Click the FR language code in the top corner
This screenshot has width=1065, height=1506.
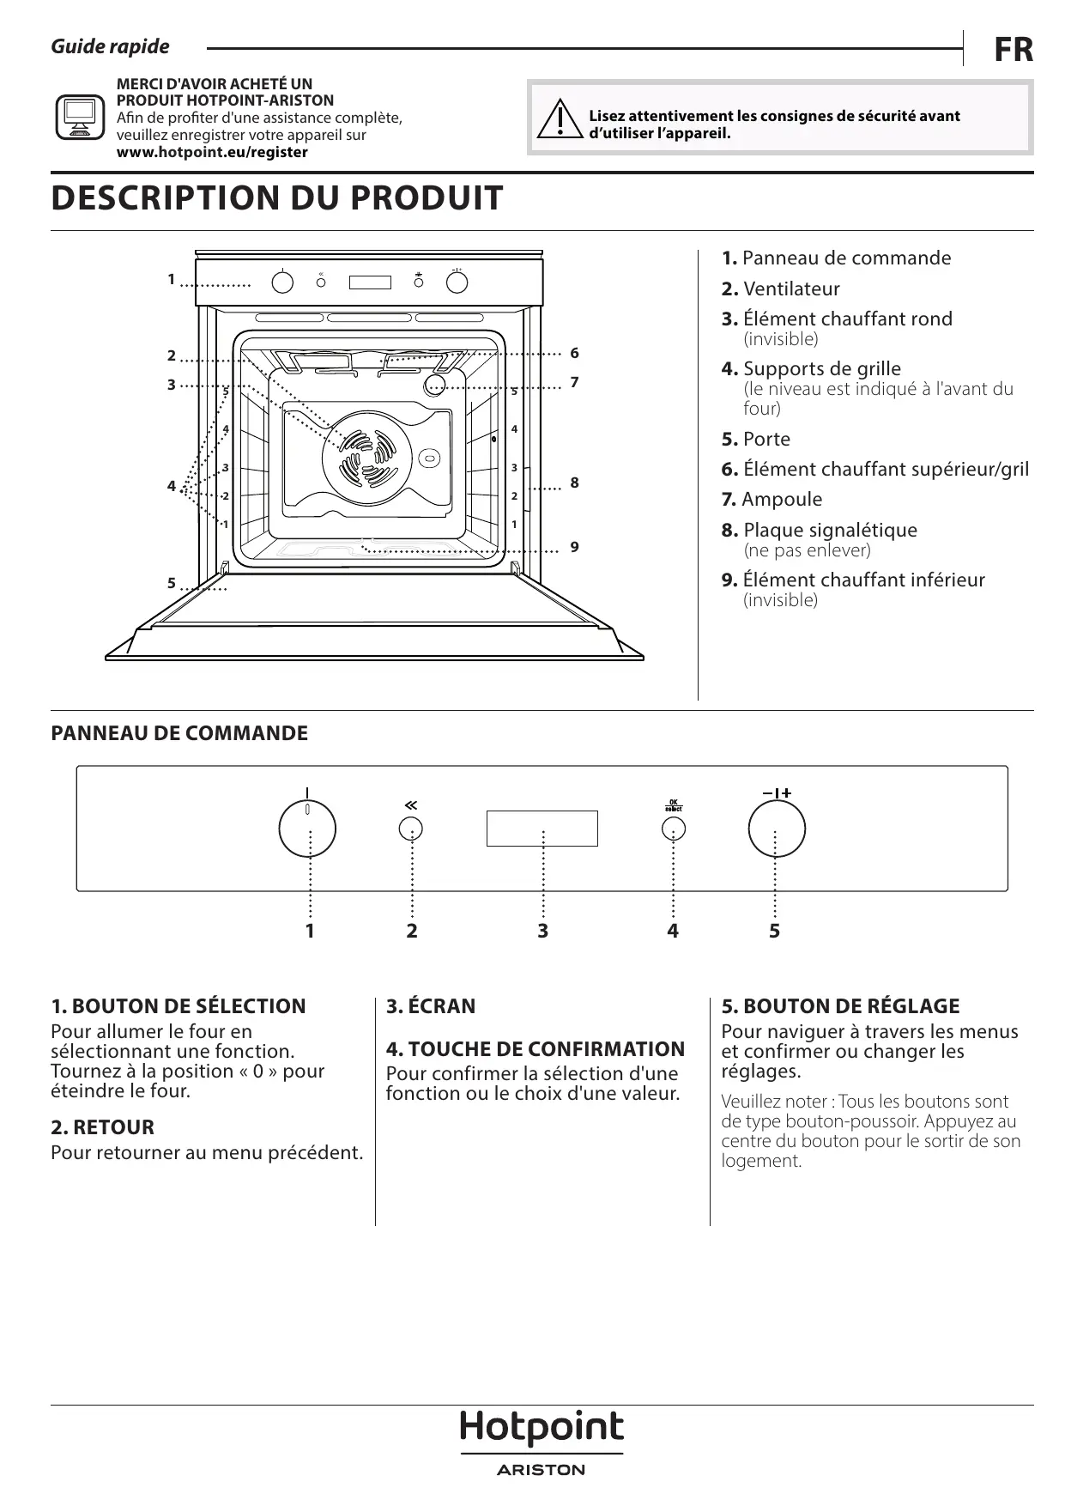[x=1014, y=50]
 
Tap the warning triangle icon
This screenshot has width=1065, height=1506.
[x=559, y=120]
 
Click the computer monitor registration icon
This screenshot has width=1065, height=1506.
[x=80, y=118]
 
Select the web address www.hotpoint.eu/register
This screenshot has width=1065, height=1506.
[x=212, y=152]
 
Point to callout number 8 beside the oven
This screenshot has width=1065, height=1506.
[x=574, y=483]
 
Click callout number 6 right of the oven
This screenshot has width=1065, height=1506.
[x=574, y=353]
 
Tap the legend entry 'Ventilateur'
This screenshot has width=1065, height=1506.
[x=790, y=288]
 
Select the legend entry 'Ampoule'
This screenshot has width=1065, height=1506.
[x=781, y=499]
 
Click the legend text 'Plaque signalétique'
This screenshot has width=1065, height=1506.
[x=829, y=530]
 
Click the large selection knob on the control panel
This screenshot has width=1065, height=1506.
[x=307, y=829]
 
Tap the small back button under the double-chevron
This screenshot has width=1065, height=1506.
[x=411, y=829]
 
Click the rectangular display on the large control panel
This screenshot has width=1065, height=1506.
[x=542, y=829]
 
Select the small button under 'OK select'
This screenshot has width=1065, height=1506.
[x=674, y=829]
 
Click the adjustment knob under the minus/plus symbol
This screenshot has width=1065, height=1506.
[x=776, y=829]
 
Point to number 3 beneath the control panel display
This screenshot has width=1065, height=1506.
[x=542, y=931]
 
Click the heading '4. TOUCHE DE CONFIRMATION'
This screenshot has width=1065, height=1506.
[x=536, y=1048]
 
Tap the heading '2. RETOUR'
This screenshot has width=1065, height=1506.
[x=102, y=1127]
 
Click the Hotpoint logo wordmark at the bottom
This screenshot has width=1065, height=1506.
[x=542, y=1427]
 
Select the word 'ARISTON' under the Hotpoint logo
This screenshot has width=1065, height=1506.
[x=542, y=1470]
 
